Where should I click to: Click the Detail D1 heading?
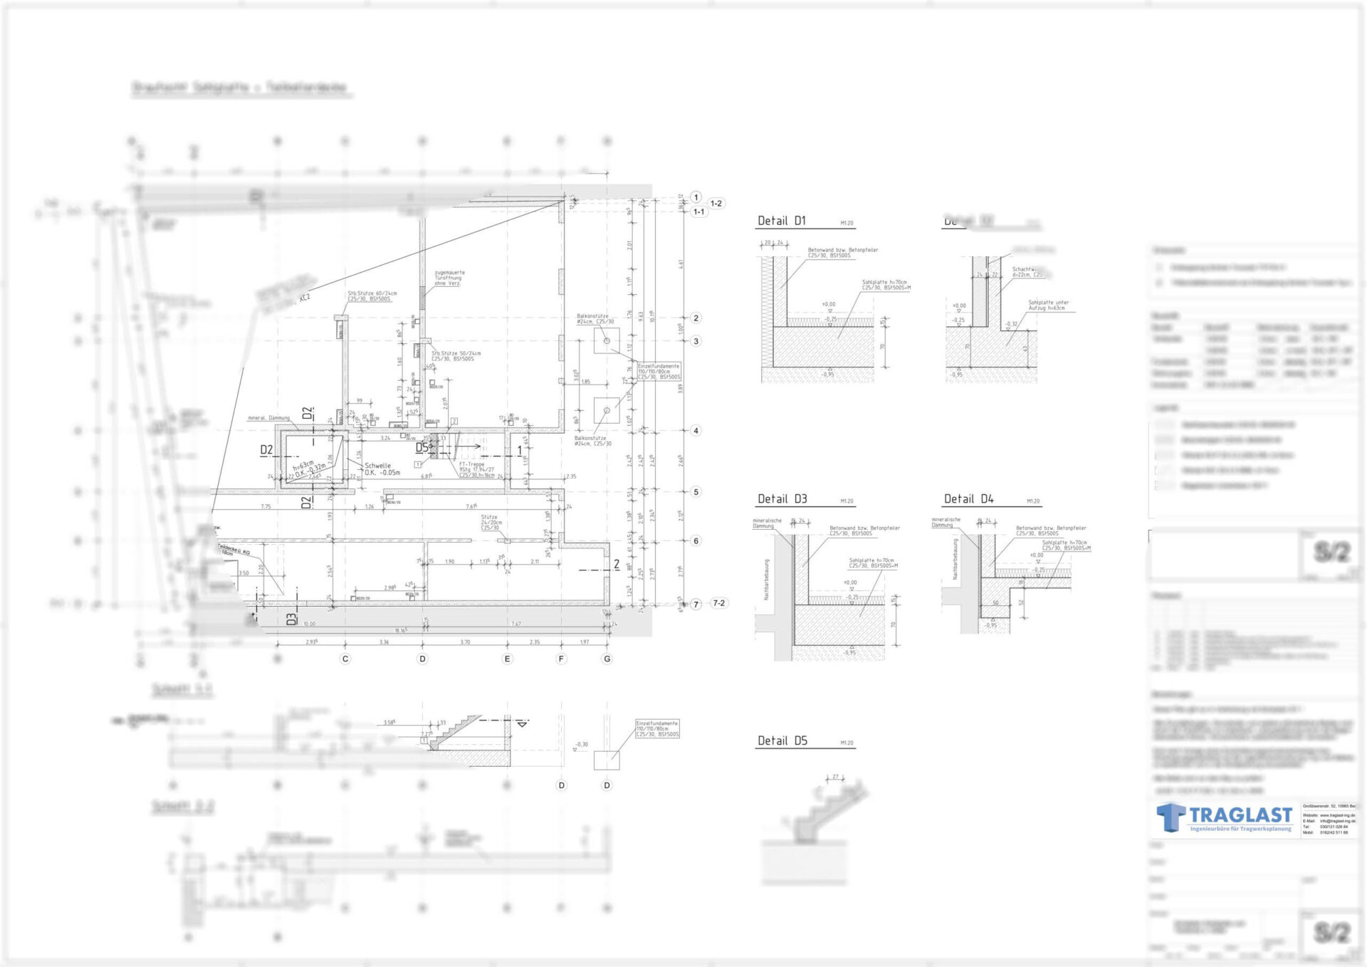click(781, 221)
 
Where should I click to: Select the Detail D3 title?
click(782, 499)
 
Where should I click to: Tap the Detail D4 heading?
click(968, 499)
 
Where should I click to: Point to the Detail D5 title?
click(782, 741)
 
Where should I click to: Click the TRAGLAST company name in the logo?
click(1240, 815)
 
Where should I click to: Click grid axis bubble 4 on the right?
click(696, 430)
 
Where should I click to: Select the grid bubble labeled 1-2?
click(716, 204)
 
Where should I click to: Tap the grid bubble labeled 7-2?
click(718, 603)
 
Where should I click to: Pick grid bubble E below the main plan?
click(507, 659)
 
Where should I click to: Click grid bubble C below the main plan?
click(345, 659)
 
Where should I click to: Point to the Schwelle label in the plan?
click(377, 466)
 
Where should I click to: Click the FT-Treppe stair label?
click(471, 464)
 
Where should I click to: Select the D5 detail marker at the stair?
click(422, 447)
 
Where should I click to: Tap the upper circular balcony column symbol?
click(607, 341)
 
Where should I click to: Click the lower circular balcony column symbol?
click(607, 410)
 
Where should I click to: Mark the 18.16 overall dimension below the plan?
click(401, 630)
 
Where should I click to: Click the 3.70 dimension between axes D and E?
click(465, 642)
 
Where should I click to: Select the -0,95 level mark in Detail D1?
click(827, 375)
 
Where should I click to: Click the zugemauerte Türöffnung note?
click(449, 278)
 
